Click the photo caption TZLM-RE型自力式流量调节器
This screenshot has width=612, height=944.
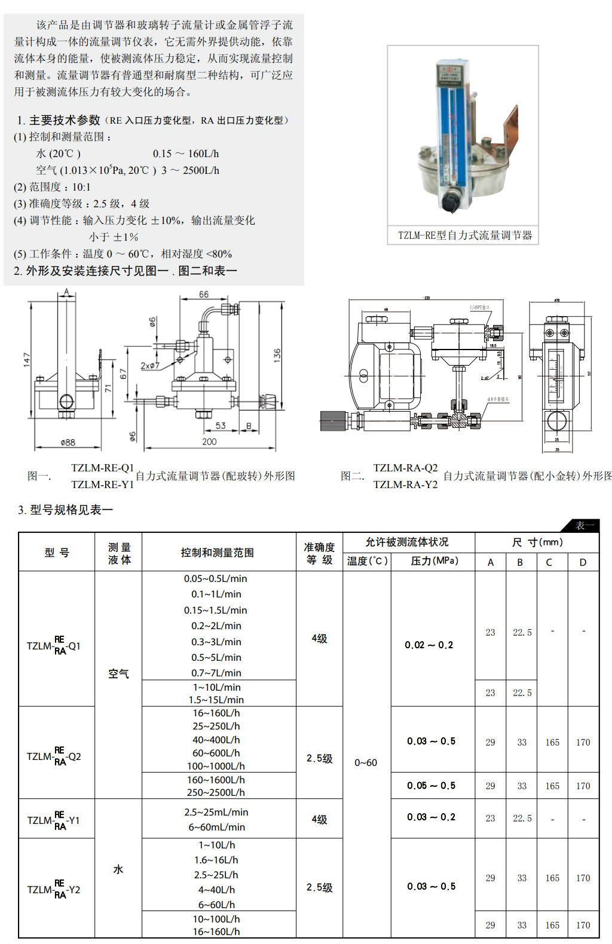[464, 235]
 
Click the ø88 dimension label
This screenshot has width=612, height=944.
[68, 443]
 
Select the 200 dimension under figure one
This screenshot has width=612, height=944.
[209, 442]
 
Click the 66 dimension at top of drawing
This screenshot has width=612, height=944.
[204, 295]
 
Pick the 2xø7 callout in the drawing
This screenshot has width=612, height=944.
[150, 365]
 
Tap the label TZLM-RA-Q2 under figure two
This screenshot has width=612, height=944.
[405, 468]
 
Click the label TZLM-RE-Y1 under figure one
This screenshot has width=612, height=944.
[102, 485]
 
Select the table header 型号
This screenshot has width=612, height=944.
[57, 553]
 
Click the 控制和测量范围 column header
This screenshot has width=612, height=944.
[218, 553]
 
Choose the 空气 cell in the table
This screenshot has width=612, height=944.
[118, 674]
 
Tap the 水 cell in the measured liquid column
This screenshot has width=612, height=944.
[118, 869]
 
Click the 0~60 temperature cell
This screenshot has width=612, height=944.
[366, 763]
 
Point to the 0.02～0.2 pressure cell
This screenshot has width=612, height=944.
[429, 645]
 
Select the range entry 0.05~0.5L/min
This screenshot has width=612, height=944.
[215, 578]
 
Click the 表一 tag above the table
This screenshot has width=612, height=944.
[584, 526]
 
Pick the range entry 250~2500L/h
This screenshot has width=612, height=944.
[216, 792]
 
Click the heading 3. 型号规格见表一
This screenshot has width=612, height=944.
[66, 510]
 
